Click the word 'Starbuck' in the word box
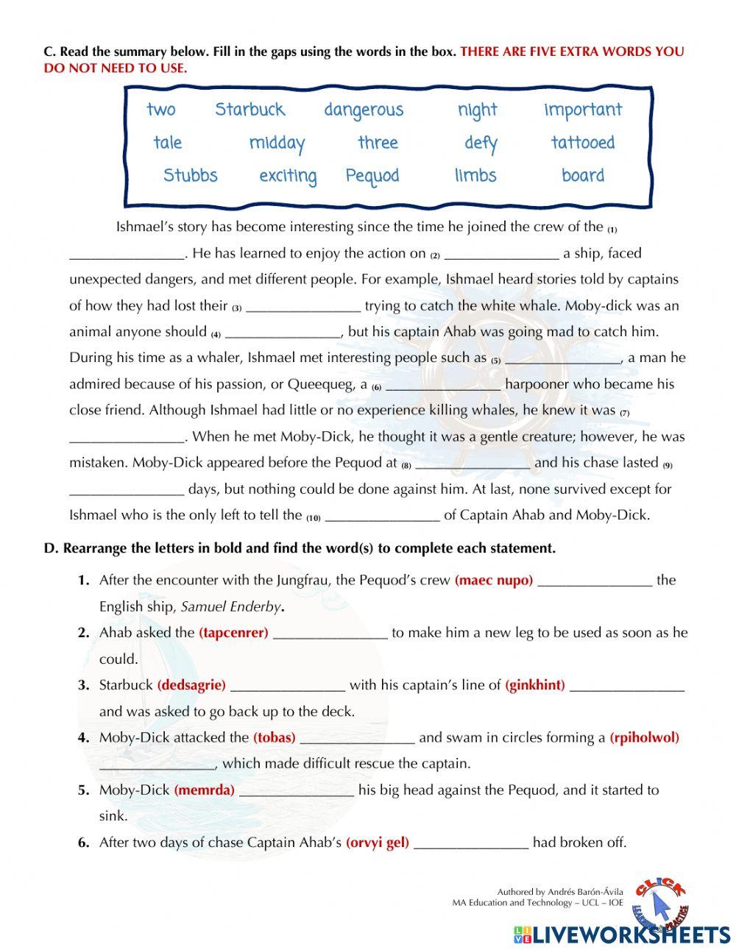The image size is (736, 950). click(250, 110)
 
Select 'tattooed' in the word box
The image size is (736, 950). click(582, 143)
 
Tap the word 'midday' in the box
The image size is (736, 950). click(277, 143)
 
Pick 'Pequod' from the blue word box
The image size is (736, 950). click(372, 176)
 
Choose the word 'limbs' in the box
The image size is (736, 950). click(475, 176)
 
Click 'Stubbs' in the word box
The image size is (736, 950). click(190, 176)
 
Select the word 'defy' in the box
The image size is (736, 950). click(481, 143)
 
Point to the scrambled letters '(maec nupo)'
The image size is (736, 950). click(494, 581)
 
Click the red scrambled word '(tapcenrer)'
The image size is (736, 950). click(233, 633)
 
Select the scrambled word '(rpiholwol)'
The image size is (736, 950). click(644, 737)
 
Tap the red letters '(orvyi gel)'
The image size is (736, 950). click(377, 843)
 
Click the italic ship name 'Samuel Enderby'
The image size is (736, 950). click(230, 607)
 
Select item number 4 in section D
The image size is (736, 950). click(84, 737)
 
